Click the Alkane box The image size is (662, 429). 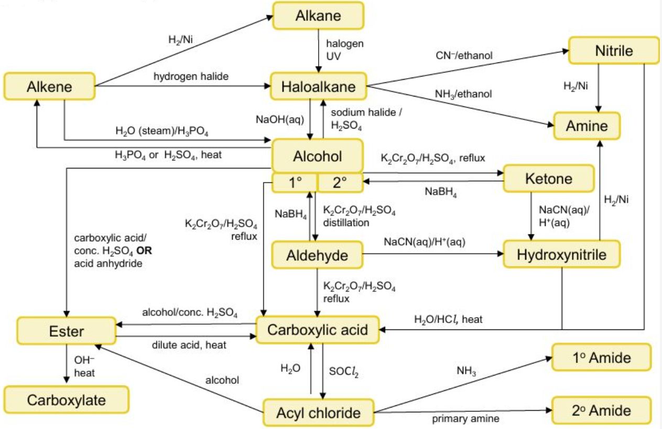(318, 16)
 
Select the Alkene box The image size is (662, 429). (49, 87)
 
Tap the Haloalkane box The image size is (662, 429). (318, 87)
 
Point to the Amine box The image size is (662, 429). (587, 126)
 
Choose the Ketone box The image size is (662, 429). (548, 179)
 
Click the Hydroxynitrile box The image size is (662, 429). (561, 255)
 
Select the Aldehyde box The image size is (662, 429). (317, 255)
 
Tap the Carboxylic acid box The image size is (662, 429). (317, 330)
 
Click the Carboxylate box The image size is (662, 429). (66, 400)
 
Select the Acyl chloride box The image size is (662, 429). (318, 413)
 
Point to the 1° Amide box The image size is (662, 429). (602, 358)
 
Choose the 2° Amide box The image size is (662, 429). (602, 410)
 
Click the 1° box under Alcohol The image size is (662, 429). (295, 183)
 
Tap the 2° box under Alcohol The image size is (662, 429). (340, 183)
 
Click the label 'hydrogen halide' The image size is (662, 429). (191, 77)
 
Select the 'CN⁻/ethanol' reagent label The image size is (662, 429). (464, 55)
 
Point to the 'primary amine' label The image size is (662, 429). (465, 419)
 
